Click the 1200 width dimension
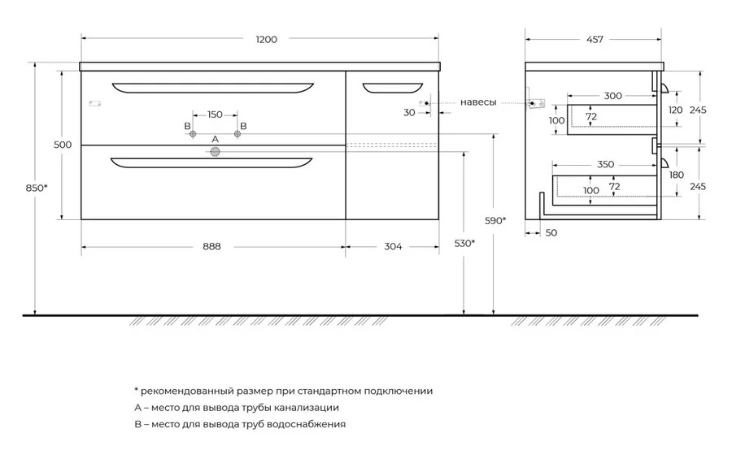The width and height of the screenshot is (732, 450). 267,40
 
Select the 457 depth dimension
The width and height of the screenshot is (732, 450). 595,40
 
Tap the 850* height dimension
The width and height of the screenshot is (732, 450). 37,188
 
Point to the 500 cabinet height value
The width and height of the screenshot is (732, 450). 63,145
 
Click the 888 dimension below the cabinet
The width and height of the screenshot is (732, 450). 211,246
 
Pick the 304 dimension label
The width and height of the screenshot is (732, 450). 393,246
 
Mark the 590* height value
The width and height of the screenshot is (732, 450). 495,221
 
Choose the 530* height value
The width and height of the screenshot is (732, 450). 464,243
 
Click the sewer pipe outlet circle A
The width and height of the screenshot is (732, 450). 215,152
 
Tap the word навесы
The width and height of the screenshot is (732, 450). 478,102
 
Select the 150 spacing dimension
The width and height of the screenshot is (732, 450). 215,115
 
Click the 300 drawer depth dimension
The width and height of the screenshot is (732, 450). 613,96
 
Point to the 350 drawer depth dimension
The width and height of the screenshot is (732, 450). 605,165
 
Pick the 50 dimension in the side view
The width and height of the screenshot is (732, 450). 551,232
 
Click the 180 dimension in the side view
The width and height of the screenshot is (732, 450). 677,175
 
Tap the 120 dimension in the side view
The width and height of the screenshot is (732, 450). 676,110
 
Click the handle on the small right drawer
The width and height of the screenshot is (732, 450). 393,89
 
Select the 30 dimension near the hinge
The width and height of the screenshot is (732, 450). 409,112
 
